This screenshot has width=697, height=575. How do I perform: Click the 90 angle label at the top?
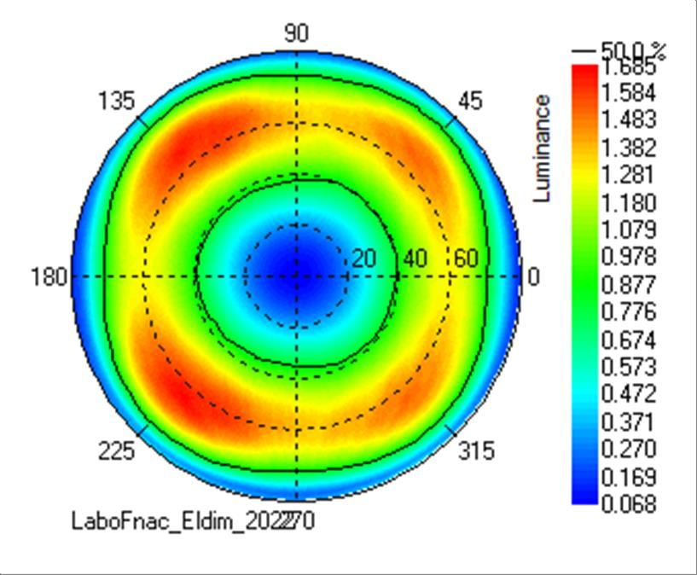pos(296,33)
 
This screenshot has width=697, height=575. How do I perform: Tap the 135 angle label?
pos(116,101)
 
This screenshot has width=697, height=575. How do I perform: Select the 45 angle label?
pos(470,101)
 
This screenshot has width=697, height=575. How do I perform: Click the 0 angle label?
pos(534,277)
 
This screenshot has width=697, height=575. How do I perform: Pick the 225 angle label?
pos(116,450)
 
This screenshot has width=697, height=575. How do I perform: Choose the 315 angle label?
pos(475,450)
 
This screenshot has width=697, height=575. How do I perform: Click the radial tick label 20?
pos(364,258)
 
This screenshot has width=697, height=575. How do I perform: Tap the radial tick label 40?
pos(415,258)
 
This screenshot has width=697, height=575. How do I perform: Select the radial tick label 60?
pos(465,258)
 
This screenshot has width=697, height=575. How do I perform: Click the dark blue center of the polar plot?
pos(296,276)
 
